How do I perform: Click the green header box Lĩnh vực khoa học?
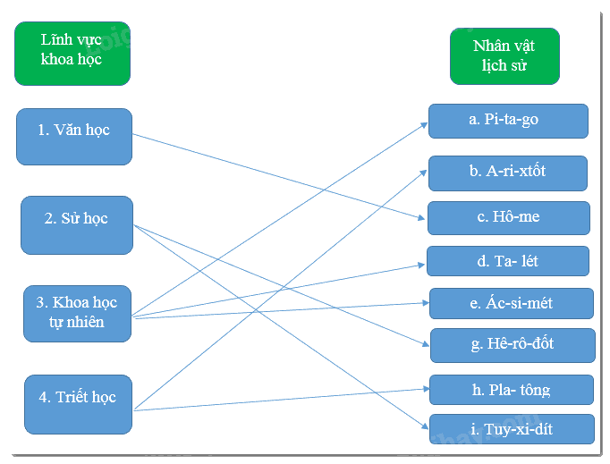point(72,54)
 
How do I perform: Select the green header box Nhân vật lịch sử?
point(504,56)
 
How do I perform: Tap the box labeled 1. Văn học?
point(74,137)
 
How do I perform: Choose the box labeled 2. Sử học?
point(77,225)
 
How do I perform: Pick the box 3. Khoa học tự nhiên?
point(78,314)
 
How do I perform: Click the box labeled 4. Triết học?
point(78,404)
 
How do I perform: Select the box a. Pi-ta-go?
point(508,121)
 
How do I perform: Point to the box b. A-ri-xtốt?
point(508,173)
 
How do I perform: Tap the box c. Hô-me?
point(508,218)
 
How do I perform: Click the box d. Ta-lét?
point(508,261)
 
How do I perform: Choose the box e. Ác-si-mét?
point(512,303)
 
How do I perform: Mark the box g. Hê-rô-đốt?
point(513,345)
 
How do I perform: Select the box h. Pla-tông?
point(512,390)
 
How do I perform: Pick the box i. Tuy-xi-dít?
point(512,429)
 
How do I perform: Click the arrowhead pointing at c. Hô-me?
point(421,218)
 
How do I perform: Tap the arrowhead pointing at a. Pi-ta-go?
point(424,125)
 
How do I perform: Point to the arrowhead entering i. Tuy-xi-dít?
point(425,426)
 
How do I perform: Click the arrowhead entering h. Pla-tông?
point(427,389)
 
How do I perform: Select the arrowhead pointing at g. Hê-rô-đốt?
point(426,344)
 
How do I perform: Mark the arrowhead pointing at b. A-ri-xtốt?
point(423,173)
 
